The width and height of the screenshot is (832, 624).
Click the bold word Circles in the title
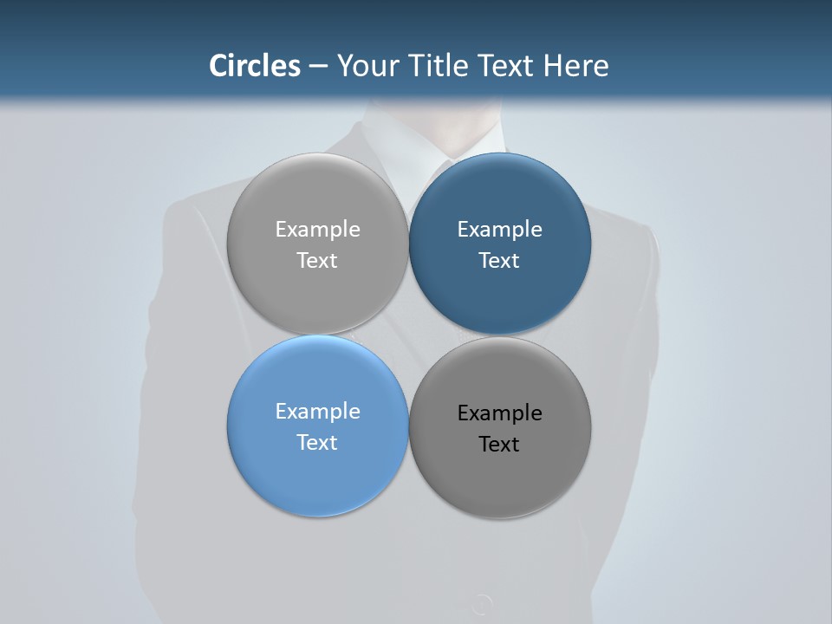click(x=254, y=66)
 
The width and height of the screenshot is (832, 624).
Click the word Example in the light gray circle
click(x=317, y=230)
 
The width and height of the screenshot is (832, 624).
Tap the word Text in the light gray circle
click(x=317, y=260)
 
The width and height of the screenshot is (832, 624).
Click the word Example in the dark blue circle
click(x=499, y=230)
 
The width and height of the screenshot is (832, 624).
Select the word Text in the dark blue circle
click(x=499, y=260)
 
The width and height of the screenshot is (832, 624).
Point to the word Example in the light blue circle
click(x=317, y=412)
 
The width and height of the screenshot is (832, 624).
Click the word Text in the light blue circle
click(x=317, y=442)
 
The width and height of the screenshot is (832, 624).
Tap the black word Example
click(x=499, y=413)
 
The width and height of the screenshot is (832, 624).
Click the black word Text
click(x=499, y=444)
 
